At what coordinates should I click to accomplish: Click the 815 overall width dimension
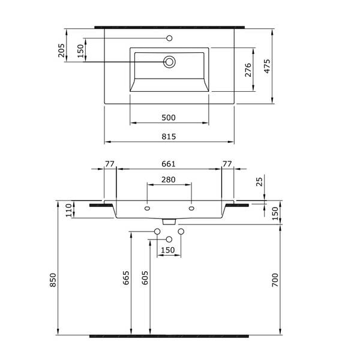[x=169, y=137]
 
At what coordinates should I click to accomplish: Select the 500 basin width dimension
[x=169, y=118]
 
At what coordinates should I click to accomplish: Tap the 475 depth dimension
[x=267, y=67]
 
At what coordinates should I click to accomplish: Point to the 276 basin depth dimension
[x=248, y=70]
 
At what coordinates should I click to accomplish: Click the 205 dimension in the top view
[x=61, y=50]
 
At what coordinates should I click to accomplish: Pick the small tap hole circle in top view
[x=169, y=38]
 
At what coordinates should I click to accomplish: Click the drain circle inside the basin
[x=169, y=62]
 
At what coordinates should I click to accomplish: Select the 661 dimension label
[x=169, y=164]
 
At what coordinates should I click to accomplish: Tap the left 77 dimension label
[x=110, y=164]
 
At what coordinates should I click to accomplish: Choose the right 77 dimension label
[x=227, y=164]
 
